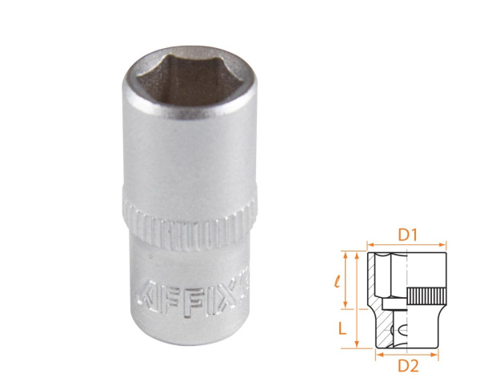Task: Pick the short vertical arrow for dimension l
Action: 346,279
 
